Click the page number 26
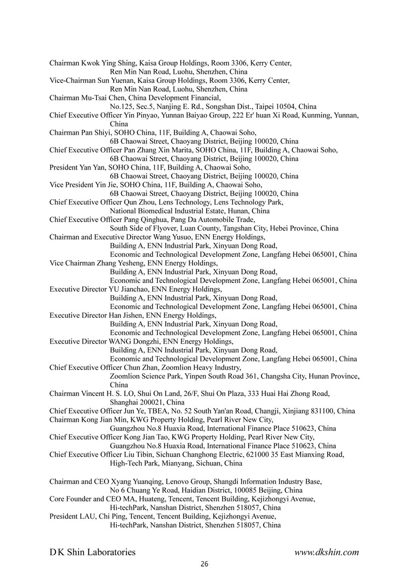(204, 564)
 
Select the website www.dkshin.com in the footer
(327, 552)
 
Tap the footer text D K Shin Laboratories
(93, 552)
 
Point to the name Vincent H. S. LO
(108, 394)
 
